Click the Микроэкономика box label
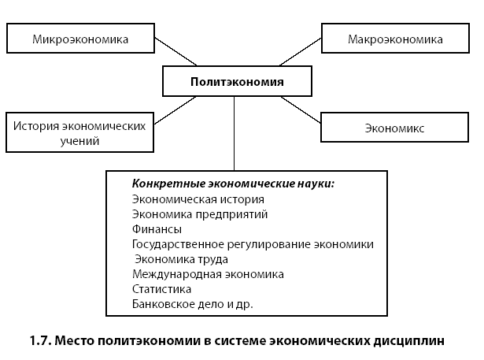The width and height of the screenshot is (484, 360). point(80,39)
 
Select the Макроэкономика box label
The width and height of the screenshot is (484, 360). point(395,39)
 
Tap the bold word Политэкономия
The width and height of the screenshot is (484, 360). point(237,82)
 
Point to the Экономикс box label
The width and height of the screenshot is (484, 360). point(394,128)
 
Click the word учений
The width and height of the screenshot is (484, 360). point(79,141)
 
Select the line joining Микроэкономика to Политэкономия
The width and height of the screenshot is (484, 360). point(175,52)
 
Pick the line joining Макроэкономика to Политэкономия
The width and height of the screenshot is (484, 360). point(301,52)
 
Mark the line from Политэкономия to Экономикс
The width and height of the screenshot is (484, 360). point(301,109)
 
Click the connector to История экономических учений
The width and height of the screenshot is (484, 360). point(175,110)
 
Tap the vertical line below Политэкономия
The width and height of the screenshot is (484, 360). point(234,133)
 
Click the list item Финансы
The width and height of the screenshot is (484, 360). point(157,229)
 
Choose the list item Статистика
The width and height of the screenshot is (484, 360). point(162,289)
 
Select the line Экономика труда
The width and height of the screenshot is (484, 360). point(182,259)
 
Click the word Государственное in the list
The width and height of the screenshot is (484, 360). point(178,244)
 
